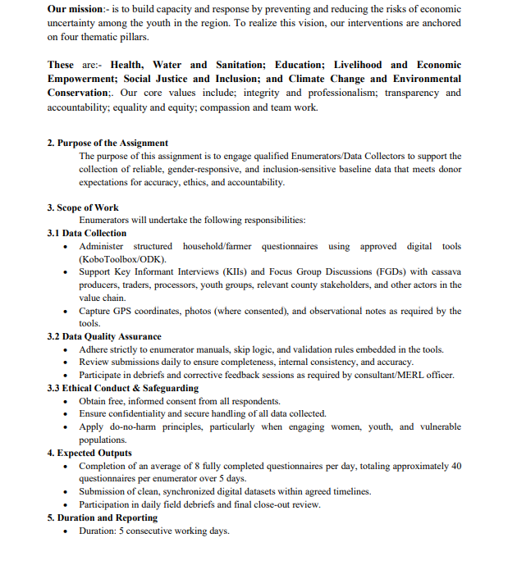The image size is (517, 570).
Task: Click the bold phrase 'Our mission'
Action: point(75,8)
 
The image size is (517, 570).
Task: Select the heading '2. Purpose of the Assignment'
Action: point(108,143)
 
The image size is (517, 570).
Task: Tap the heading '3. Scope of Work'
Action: point(83,207)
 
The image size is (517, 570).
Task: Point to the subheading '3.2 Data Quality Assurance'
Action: point(104,336)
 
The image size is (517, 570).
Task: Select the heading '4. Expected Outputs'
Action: point(89,453)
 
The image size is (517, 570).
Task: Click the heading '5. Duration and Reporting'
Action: point(102,518)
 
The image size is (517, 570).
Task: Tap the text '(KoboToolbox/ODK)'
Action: point(122,259)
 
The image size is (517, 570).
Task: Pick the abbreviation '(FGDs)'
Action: point(391,272)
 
